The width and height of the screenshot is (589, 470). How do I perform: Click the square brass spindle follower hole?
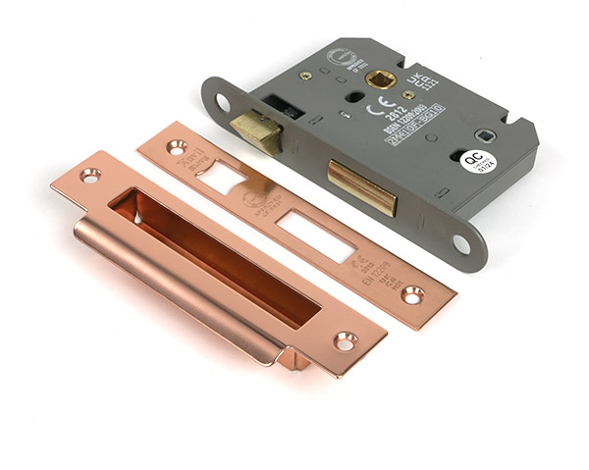(x=380, y=78)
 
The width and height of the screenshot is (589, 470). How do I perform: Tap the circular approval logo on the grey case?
(x=342, y=59)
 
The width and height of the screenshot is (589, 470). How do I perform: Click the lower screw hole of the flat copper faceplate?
(x=413, y=293)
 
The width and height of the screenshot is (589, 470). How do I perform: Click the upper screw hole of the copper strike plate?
(x=90, y=177)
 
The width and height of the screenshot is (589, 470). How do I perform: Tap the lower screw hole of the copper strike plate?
(x=345, y=341)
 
